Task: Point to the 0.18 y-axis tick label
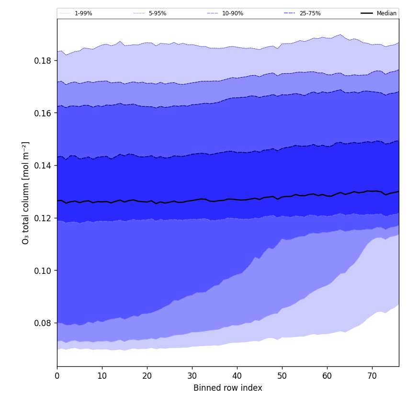43,61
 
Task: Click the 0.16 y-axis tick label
43,113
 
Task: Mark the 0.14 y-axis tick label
43,166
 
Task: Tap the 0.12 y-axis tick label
43,218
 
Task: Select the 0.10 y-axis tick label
43,271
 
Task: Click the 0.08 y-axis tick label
43,323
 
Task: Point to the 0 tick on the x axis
57,376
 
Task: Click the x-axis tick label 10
102,376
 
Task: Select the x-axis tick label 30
192,376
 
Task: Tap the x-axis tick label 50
282,376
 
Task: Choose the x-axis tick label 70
372,376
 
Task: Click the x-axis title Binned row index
228,388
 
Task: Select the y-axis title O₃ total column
26,192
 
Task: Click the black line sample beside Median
367,13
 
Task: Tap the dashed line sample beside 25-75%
290,13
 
